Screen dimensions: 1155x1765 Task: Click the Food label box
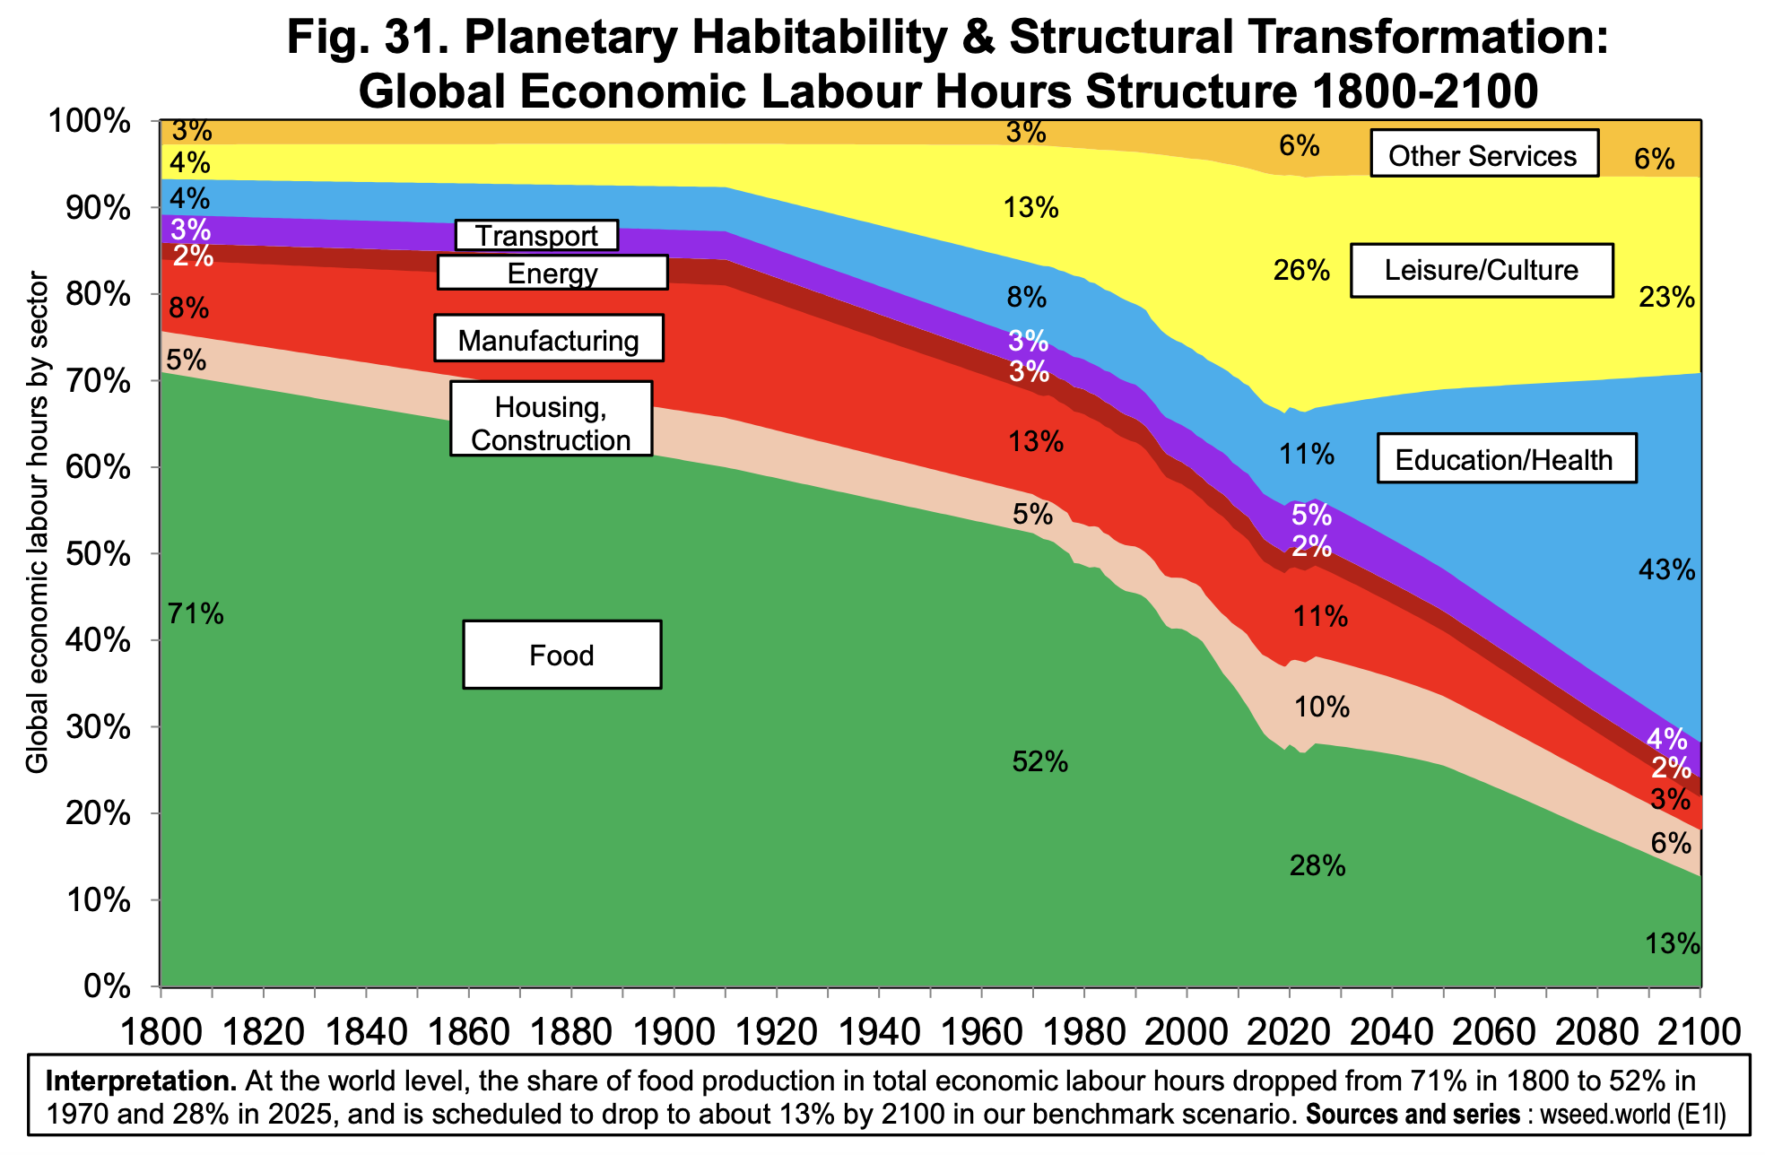[562, 655]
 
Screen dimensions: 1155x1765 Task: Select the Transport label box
[536, 235]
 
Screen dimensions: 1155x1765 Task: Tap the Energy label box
[552, 273]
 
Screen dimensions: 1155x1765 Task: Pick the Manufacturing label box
[548, 340]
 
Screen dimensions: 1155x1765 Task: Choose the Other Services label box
[1483, 156]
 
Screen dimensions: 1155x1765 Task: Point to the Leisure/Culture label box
[1482, 270]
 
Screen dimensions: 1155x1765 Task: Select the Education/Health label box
[1505, 460]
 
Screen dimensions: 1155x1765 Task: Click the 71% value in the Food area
[196, 613]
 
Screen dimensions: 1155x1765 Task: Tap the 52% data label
[1039, 762]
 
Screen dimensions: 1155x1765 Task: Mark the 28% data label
[1317, 865]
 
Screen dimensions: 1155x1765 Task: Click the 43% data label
[1666, 569]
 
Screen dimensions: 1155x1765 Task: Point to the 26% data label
[1300, 270]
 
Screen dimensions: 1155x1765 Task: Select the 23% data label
[1666, 297]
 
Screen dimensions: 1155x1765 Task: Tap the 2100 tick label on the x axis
[1698, 1031]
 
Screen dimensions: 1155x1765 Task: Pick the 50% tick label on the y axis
[100, 554]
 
